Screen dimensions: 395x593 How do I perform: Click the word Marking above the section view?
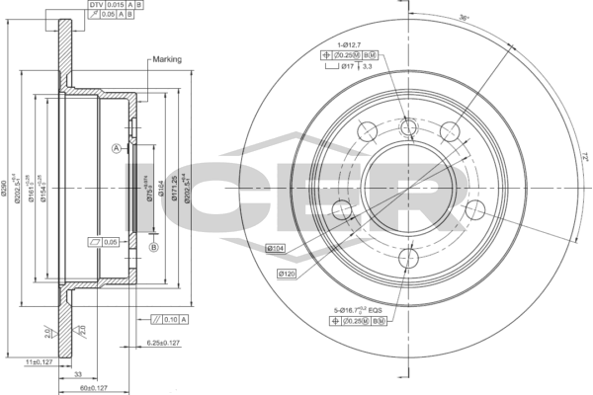[x=165, y=59]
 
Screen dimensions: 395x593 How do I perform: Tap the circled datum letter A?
[x=117, y=148]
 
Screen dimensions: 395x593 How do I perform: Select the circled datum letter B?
[x=153, y=247]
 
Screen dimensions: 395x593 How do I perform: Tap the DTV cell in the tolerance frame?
[x=95, y=5]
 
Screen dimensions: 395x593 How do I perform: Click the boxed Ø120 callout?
[x=288, y=273]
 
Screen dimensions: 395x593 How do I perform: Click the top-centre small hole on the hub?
[x=406, y=128]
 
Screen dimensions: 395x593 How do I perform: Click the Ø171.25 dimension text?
[x=173, y=187]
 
